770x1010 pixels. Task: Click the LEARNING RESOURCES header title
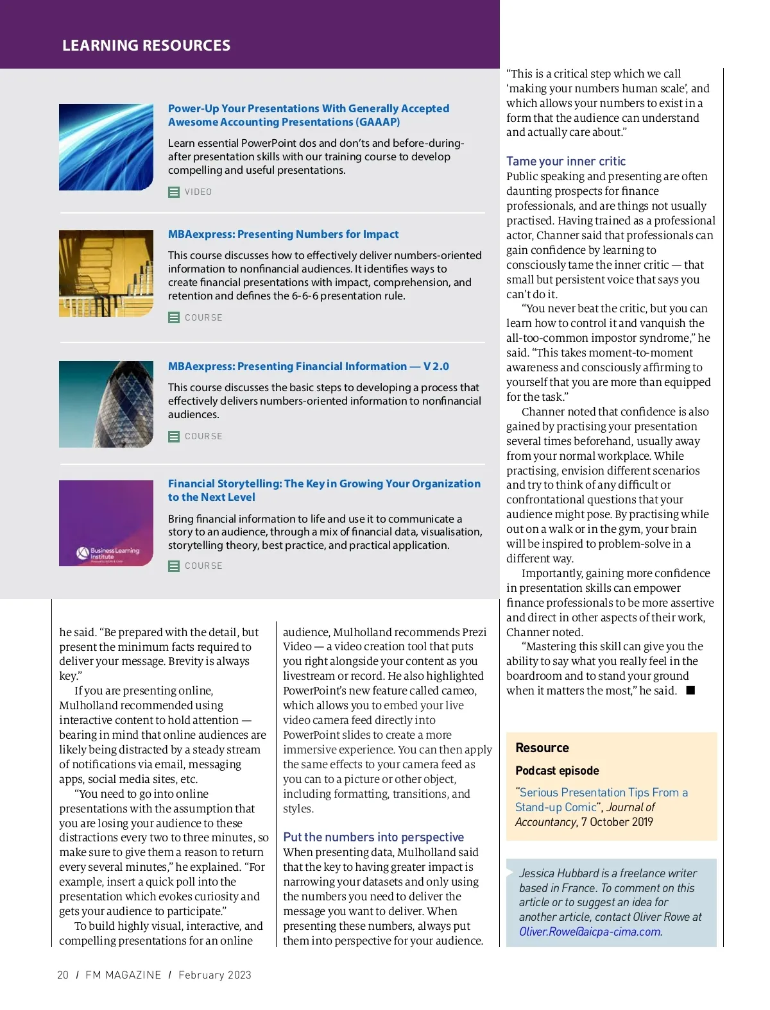146,46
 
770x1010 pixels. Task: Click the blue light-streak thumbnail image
106,147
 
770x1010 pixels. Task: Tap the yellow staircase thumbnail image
106,273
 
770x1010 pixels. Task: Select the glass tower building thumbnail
106,404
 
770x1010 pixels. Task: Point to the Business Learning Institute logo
108,553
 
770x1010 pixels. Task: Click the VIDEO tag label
198,192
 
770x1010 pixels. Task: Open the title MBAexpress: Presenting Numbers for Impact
283,235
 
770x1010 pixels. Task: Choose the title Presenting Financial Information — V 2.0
308,367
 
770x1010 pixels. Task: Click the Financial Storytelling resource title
323,491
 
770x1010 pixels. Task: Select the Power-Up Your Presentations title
308,115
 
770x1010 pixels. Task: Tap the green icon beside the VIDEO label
174,192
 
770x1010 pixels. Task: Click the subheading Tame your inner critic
565,162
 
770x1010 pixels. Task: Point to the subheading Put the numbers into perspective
373,837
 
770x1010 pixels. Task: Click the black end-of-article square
690,691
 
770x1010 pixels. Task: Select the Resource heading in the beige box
542,748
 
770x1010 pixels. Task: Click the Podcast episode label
557,771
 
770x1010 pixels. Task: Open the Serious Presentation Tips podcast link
601,800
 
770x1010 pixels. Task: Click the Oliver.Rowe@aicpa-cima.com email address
590,932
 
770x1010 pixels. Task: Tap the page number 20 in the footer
63,975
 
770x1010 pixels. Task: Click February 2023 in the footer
215,975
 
